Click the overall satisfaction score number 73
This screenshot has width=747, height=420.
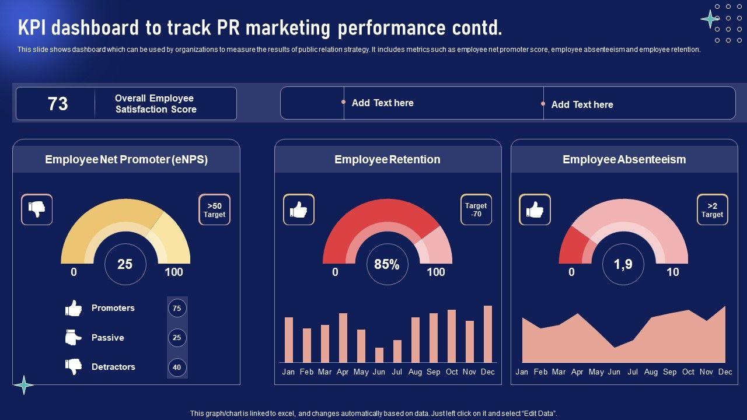58,104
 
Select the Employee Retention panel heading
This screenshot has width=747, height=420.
388,159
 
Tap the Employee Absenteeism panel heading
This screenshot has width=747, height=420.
624,159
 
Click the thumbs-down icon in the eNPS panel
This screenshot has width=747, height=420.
37,209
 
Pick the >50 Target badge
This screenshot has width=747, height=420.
214,210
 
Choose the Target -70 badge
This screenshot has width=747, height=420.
476,210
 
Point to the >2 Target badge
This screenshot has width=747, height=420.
712,210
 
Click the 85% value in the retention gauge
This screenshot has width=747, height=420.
387,265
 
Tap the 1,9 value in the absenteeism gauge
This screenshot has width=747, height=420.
623,265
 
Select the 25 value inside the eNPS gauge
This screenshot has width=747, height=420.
125,265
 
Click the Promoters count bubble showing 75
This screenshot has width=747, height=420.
177,308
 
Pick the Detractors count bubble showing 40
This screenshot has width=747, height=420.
177,367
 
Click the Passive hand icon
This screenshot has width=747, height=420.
74,338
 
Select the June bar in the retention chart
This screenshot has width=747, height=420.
379,355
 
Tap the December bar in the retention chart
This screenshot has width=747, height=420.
488,334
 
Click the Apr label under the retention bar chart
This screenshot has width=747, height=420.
343,372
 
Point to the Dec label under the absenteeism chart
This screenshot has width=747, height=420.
725,372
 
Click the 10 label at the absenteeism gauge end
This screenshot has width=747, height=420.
673,272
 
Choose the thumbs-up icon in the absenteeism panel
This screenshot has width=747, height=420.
535,209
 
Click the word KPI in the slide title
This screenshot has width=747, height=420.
35,27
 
